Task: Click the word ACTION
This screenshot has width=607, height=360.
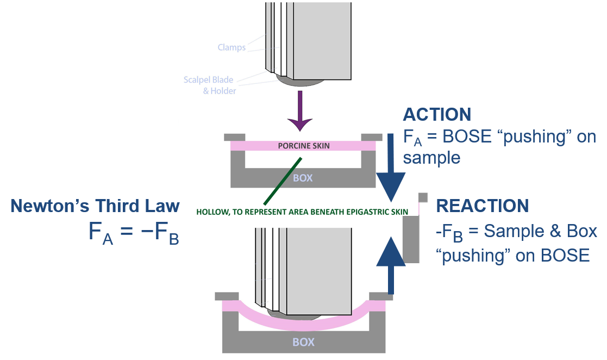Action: (x=436, y=114)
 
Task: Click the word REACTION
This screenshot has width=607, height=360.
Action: (x=483, y=206)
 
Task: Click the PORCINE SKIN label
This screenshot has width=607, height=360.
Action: (x=304, y=146)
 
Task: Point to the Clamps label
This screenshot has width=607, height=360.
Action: (x=231, y=47)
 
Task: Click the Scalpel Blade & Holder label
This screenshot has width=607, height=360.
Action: (x=208, y=85)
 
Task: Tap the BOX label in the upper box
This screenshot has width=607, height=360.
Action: (x=303, y=178)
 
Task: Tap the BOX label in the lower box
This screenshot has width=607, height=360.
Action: (x=303, y=343)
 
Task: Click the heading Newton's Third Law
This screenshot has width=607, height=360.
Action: (x=95, y=206)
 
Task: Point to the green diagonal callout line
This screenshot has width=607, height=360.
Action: (x=282, y=181)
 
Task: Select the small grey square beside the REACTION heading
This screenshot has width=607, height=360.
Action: (x=423, y=197)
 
